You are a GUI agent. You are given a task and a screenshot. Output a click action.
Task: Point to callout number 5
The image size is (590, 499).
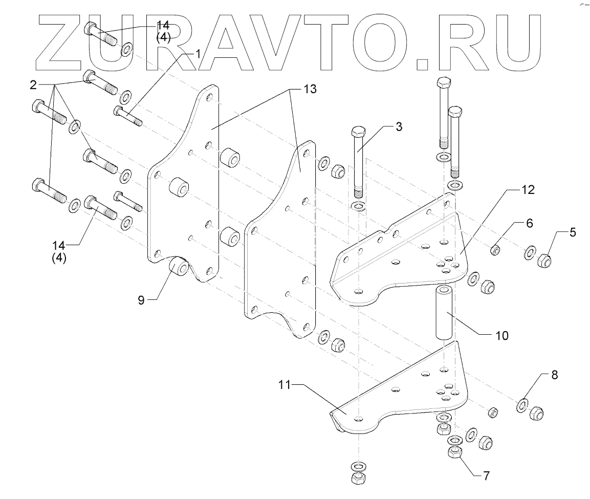point(573,232)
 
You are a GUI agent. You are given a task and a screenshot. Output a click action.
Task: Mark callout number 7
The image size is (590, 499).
point(487,475)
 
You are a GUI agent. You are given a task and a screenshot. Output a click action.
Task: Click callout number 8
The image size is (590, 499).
point(554,375)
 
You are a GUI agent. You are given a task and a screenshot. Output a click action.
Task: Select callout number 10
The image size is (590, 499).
point(502,336)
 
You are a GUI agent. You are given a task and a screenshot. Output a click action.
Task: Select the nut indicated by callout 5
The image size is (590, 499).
point(545,261)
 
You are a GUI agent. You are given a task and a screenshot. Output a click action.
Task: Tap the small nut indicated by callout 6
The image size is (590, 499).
point(495,250)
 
